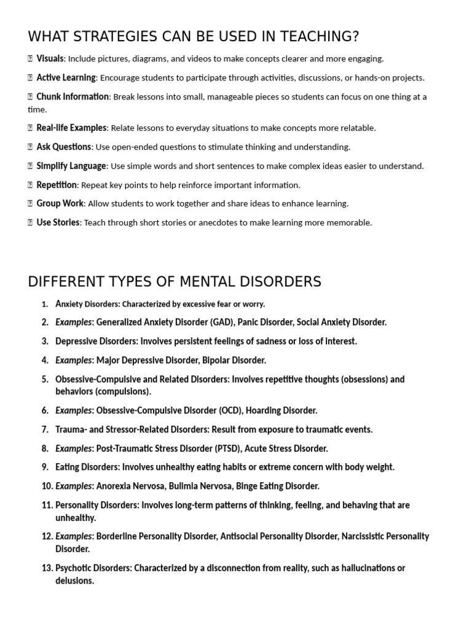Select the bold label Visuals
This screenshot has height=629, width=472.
pos(50,59)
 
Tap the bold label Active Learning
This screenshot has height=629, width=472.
pos(66,77)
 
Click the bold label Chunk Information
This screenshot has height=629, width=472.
pos(73,96)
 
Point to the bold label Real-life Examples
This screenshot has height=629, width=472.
pos(71,128)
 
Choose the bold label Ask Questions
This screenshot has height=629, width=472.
pos(63,147)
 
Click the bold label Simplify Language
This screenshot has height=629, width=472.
pos(71,166)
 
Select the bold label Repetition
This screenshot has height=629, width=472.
pos(57,185)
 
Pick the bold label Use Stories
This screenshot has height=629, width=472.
pos(58,222)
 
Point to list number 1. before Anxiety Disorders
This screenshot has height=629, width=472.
pos(45,304)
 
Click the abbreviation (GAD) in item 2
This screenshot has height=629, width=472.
pos(222,322)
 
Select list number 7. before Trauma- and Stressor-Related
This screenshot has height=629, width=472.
pos(45,429)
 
